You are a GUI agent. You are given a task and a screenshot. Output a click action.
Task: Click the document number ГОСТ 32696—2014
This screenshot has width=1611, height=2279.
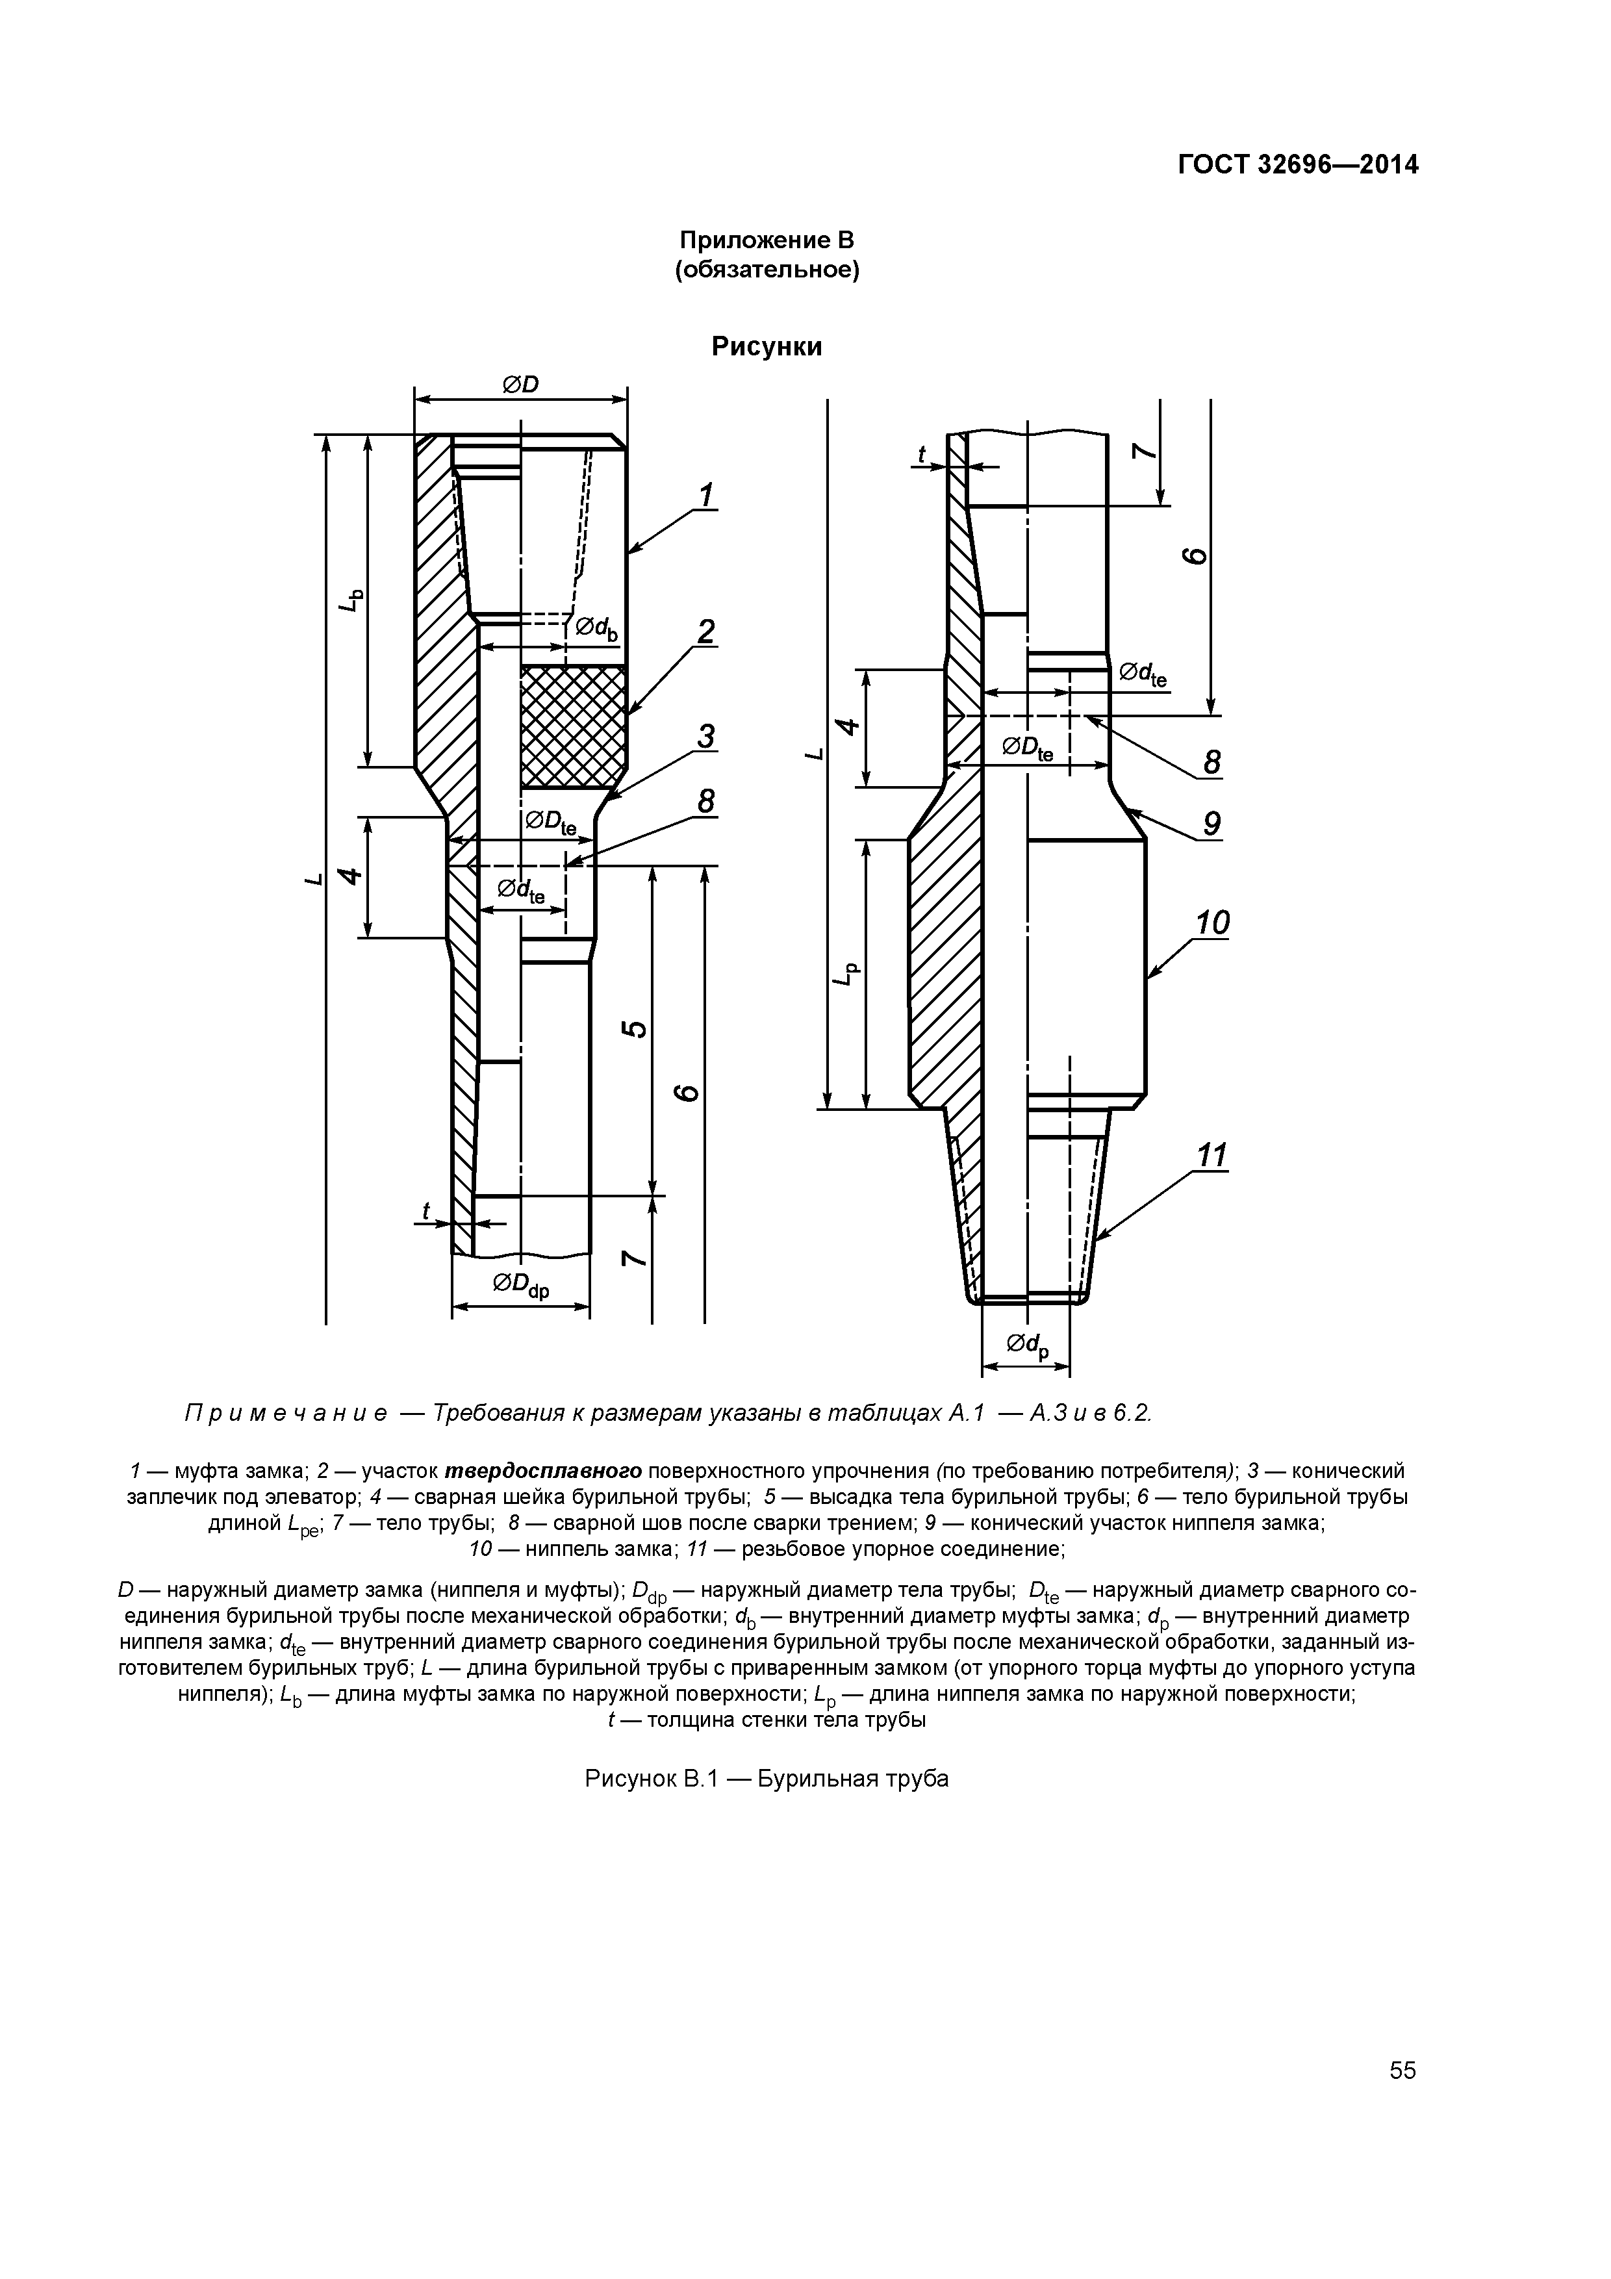point(1297,165)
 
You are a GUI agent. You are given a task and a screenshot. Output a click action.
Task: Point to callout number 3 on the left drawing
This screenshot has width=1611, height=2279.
point(705,737)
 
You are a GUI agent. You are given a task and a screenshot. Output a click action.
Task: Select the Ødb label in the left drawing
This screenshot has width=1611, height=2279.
point(596,628)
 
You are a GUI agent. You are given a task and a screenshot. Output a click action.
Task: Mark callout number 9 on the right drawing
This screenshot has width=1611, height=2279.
point(1210,823)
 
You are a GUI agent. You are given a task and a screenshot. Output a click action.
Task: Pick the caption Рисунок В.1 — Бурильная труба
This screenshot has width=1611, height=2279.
point(767,1779)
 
